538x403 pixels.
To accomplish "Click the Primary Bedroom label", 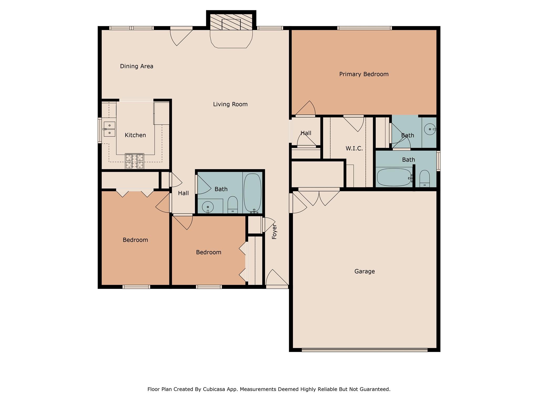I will pos(364,74).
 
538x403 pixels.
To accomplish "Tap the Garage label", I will pos(364,271).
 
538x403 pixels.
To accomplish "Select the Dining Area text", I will pos(136,66).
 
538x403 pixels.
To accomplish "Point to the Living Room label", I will pos(230,104).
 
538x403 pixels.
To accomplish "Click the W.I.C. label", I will pos(354,149).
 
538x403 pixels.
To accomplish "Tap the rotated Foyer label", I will pos(274,231).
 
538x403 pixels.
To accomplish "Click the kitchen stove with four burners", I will pos(134,161).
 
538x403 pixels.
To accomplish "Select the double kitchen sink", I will pos(109,129).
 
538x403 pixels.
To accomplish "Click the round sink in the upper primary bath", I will pos(430,129).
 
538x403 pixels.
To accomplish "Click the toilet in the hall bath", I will pos(232,205).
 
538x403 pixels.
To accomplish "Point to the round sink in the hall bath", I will pos(208,207).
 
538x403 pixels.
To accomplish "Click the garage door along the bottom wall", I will pos(364,350).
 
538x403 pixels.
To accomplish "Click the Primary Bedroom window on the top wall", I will pos(364,28).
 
